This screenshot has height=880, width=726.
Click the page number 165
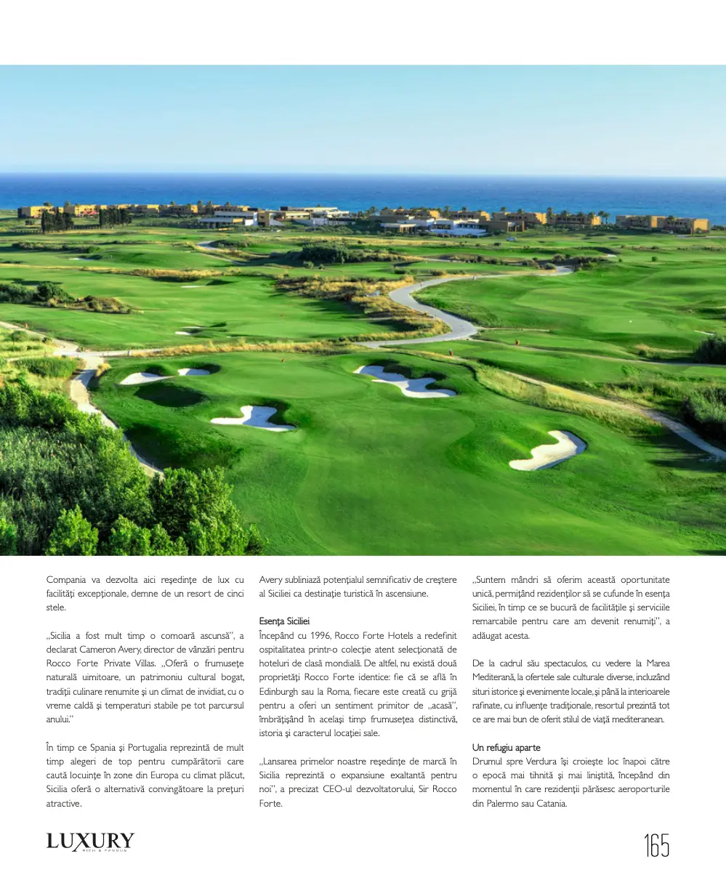point(656,845)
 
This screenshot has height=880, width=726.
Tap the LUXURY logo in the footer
point(90,842)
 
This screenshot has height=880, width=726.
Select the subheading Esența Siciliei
point(284,621)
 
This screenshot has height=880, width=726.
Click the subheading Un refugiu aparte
point(506,748)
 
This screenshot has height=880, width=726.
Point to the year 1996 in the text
point(315,636)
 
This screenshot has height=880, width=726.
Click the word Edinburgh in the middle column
point(279,692)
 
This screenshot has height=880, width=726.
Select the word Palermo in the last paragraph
point(504,804)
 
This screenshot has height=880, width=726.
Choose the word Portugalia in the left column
point(155,748)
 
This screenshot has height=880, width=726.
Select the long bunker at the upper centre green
point(405,381)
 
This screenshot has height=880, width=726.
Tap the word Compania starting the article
point(66,580)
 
